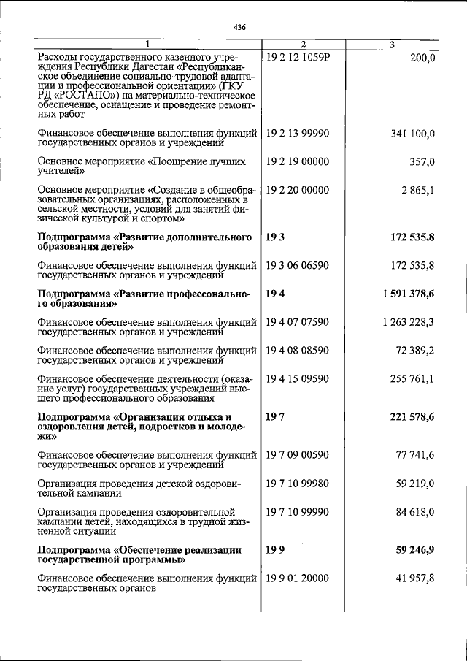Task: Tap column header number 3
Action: (x=392, y=45)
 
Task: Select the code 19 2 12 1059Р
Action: (x=298, y=57)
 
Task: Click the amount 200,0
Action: (x=420, y=57)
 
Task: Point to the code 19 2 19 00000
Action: (x=298, y=161)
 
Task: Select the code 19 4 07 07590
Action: (x=298, y=321)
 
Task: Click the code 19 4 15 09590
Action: (x=298, y=378)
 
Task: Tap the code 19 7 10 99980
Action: (x=298, y=484)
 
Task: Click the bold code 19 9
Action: (x=275, y=549)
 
